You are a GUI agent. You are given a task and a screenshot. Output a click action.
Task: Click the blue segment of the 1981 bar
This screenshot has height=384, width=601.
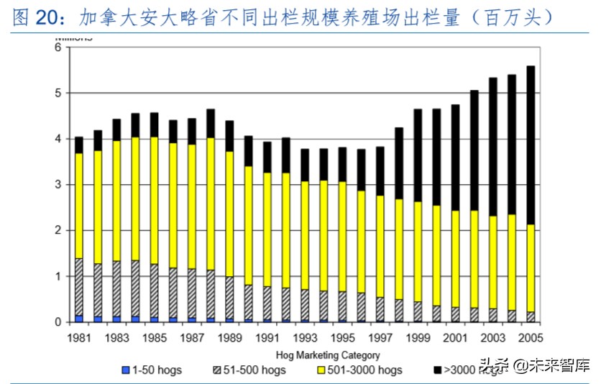[79, 318]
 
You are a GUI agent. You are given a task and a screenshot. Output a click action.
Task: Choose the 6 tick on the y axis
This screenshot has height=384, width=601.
[60, 47]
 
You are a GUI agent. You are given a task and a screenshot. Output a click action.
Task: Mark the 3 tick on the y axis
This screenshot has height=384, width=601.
[60, 185]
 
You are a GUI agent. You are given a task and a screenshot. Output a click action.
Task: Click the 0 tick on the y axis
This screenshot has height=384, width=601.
[60, 322]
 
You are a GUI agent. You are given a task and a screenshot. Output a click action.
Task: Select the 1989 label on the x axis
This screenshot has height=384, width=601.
[230, 337]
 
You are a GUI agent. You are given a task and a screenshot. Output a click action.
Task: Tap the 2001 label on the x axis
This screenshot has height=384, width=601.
[456, 337]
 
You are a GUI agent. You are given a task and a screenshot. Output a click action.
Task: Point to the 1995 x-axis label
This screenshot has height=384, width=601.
[343, 337]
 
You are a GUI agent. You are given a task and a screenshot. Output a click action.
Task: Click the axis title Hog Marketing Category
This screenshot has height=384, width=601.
[328, 355]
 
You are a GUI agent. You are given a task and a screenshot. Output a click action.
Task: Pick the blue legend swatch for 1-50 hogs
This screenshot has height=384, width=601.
[125, 370]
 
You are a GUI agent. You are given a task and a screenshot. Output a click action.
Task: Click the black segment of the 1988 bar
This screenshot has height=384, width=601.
[211, 124]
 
